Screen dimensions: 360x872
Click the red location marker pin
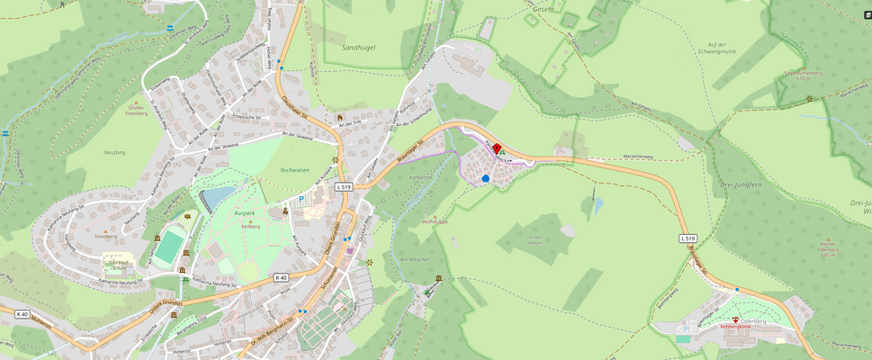(x=497, y=149)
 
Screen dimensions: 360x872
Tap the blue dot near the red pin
(x=486, y=178)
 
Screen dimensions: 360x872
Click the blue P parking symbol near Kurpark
(x=301, y=199)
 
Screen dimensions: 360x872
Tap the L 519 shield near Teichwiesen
(x=342, y=186)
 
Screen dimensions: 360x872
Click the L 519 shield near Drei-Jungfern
(x=688, y=238)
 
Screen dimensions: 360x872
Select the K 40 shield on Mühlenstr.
(x=22, y=314)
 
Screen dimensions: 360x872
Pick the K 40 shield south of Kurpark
(x=281, y=277)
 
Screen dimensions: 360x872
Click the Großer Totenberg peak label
(x=137, y=112)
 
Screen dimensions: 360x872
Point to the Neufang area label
(x=114, y=153)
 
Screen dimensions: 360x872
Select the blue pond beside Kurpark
(x=216, y=197)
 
